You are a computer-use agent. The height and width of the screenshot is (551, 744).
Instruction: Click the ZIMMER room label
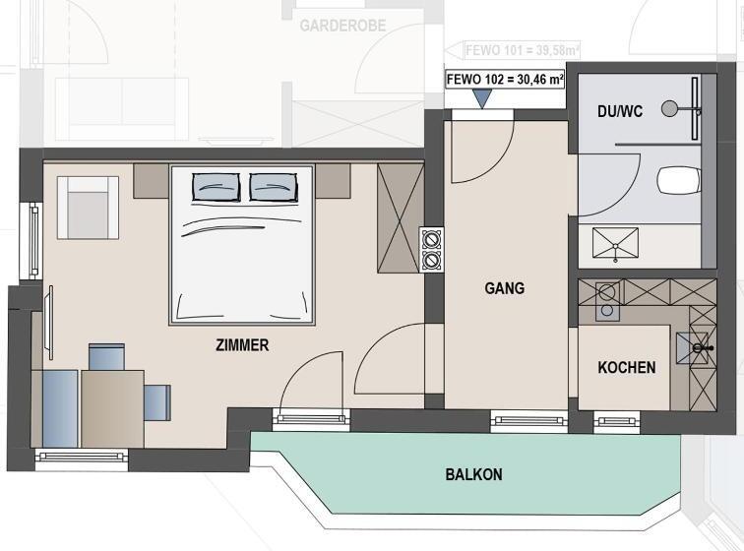[242, 345]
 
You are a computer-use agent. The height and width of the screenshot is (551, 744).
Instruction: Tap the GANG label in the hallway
[504, 288]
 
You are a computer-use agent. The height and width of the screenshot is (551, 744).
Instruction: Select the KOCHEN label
[627, 367]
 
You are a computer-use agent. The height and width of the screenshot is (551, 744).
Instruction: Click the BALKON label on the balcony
[473, 474]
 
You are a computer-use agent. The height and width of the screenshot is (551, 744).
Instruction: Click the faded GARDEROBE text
[343, 26]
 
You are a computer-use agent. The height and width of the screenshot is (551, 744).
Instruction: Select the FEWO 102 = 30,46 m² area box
[505, 79]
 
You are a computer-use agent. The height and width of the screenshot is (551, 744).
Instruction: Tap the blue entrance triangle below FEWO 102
[481, 98]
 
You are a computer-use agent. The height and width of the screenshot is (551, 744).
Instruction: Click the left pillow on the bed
[216, 185]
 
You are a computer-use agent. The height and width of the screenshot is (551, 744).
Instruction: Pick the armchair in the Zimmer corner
[88, 208]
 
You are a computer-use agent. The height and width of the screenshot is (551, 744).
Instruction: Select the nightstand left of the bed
[151, 180]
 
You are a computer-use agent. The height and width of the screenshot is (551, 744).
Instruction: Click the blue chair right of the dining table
[157, 401]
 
